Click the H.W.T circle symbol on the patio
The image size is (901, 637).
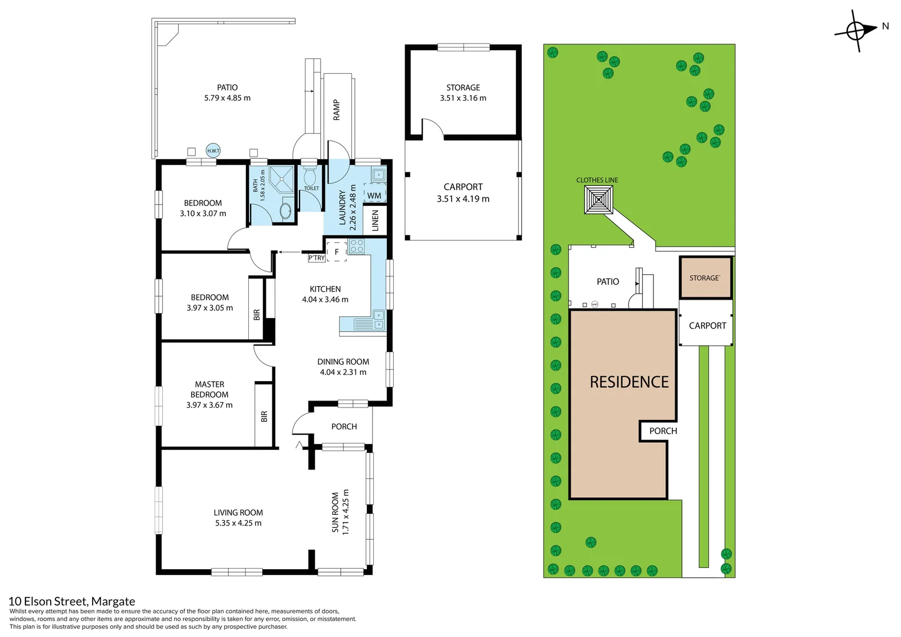[213, 150]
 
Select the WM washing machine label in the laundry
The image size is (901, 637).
[374, 196]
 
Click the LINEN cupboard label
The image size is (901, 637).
[375, 221]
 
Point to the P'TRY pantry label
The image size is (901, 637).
[317, 258]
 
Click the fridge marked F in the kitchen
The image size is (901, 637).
[337, 252]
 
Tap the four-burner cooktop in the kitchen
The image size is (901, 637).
[357, 246]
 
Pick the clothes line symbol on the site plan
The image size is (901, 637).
[599, 200]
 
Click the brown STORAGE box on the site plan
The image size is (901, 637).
[705, 278]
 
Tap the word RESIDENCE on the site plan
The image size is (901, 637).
[629, 382]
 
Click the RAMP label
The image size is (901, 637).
[337, 110]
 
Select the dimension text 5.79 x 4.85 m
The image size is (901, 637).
[227, 98]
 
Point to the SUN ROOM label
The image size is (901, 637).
[336, 513]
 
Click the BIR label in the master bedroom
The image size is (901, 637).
[264, 416]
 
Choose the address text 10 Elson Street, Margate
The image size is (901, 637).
[72, 601]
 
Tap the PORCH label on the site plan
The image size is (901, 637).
[663, 431]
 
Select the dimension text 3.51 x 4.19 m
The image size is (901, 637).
[463, 199]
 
